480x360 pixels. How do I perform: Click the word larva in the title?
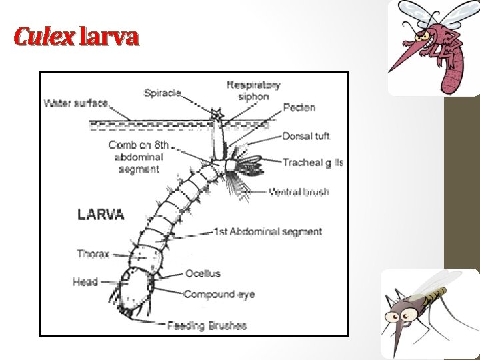click(x=109, y=36)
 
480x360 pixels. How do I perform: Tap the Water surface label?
click(x=76, y=103)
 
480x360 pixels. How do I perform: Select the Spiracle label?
click(x=162, y=93)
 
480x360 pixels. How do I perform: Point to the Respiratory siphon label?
click(x=253, y=91)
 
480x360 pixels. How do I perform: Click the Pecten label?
click(x=299, y=107)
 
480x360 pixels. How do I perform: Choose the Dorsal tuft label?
click(x=305, y=137)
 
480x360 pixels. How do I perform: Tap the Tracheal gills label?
click(x=312, y=163)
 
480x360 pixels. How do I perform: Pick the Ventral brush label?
click(x=299, y=192)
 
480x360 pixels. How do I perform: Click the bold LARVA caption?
click(x=101, y=215)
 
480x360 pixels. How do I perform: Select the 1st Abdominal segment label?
click(x=267, y=232)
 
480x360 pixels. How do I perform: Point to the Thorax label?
click(x=93, y=254)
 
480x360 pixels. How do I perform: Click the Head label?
click(x=85, y=282)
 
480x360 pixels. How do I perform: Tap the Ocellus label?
click(x=203, y=273)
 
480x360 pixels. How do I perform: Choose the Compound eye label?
click(x=219, y=294)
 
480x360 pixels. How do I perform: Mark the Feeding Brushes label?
click(x=207, y=326)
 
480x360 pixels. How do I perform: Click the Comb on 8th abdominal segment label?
click(x=139, y=157)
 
